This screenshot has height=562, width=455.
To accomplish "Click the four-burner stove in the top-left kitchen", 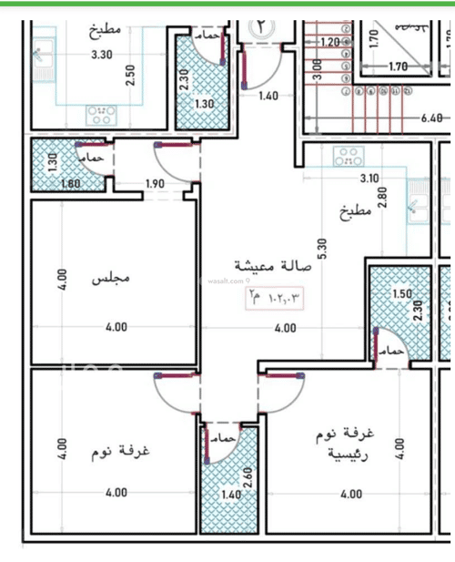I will click(99, 115).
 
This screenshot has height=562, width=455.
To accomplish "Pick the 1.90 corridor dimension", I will click(155, 185).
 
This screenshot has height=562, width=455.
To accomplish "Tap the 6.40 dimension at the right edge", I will click(430, 118).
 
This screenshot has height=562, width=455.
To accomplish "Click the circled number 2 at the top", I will click(261, 26).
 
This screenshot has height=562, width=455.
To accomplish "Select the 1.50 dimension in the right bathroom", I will click(400, 295).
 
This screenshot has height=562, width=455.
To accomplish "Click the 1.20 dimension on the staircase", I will click(329, 42).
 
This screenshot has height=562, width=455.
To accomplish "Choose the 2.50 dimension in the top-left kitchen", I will click(131, 75).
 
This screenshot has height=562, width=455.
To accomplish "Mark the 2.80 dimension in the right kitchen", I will click(384, 198).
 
